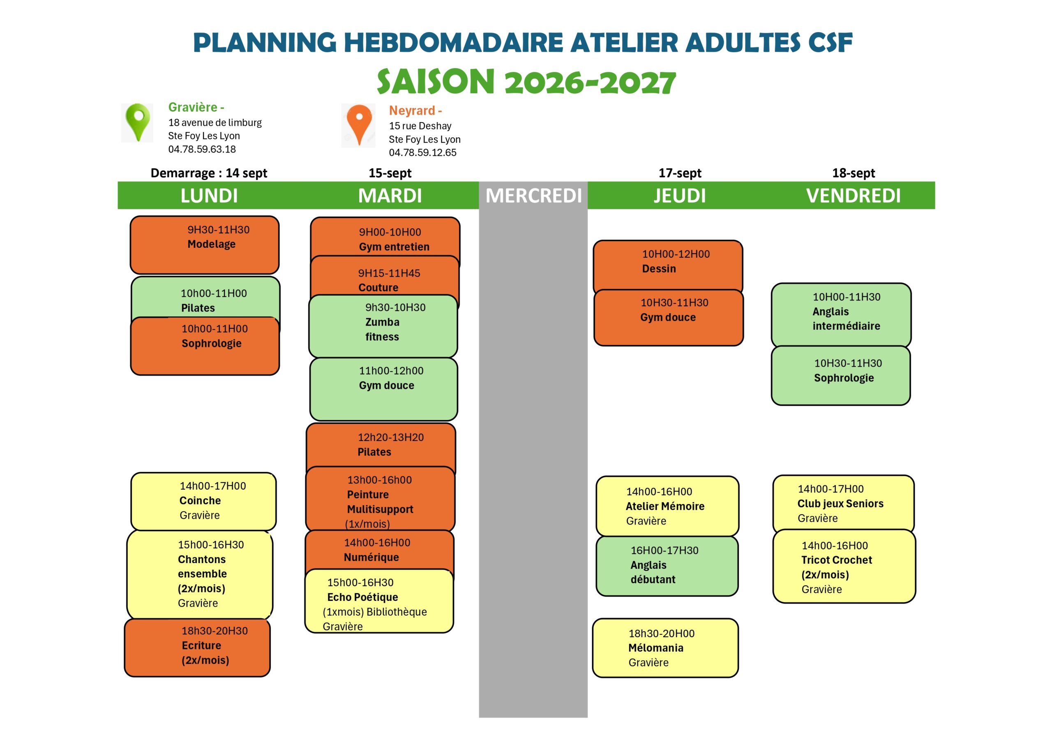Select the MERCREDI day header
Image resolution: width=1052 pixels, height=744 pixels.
coord(533,196)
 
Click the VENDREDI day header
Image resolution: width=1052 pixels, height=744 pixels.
coord(853,196)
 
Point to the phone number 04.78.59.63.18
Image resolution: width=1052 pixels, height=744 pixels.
coord(202,149)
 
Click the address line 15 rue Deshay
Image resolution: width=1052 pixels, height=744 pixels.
coord(420,126)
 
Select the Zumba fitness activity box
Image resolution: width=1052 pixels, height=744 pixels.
coord(383,326)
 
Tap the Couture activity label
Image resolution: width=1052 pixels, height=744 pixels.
coord(378,287)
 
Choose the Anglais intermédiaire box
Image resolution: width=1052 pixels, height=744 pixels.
coord(841,315)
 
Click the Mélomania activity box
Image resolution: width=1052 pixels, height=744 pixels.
coord(665,648)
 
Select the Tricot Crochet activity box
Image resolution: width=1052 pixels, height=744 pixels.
coord(844,566)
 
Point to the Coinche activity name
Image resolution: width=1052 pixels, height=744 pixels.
coord(200,500)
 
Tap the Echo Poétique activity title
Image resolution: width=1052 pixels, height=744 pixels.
coord(362,597)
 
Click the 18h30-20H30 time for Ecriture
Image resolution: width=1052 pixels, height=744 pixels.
coord(215,631)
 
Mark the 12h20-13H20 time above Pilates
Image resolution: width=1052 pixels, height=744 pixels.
coord(391,437)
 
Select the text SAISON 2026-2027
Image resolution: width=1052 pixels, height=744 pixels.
coord(526,82)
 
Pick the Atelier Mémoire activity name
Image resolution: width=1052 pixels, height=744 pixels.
coord(665,506)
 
